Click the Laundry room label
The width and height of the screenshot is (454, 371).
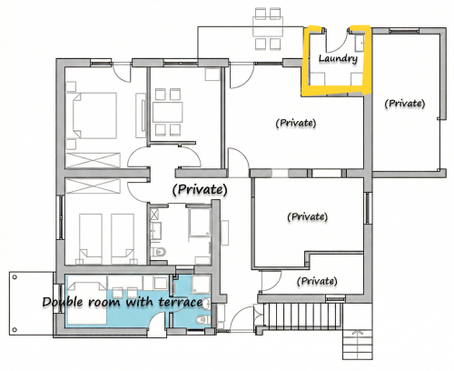338,58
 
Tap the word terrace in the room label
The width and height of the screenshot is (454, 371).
181,302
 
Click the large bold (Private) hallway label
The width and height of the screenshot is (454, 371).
200,189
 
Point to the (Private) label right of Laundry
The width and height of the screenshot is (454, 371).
405,104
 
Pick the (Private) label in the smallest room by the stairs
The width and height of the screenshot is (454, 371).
317,281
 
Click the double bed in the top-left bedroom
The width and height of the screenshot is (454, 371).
94,115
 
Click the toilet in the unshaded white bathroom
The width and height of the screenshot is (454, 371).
159,252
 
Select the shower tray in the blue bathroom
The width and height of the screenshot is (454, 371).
200,285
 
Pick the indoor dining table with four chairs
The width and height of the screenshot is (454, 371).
168,112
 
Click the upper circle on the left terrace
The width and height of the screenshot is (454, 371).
15,277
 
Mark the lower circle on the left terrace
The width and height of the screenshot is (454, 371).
15,329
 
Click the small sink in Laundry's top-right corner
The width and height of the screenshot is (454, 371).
360,42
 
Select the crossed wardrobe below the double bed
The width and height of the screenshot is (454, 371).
93,160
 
